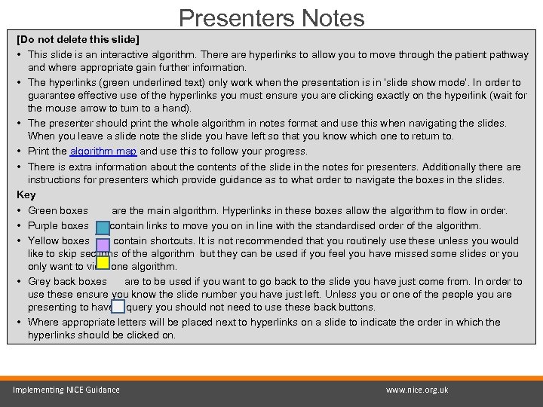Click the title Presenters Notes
[x=271, y=17]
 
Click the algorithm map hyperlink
[x=103, y=151]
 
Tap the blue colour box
[x=103, y=226]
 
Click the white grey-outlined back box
[x=118, y=306]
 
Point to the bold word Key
[x=26, y=195]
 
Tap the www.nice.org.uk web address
[x=416, y=390]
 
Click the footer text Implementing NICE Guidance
[x=66, y=390]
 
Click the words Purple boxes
[x=59, y=225]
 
